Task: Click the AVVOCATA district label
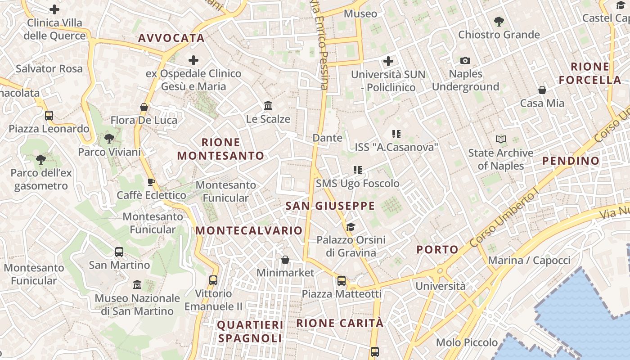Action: pyautogui.click(x=171, y=38)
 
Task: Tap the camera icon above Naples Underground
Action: pyautogui.click(x=465, y=60)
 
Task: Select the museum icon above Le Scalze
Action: pyautogui.click(x=269, y=106)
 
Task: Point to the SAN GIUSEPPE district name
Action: pyautogui.click(x=330, y=206)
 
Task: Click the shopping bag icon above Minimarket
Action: pyautogui.click(x=285, y=260)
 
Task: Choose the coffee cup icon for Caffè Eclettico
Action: pyautogui.click(x=151, y=182)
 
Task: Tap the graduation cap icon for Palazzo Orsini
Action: pyautogui.click(x=351, y=227)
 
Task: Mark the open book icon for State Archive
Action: pyautogui.click(x=501, y=139)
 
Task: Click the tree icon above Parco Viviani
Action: pyautogui.click(x=109, y=138)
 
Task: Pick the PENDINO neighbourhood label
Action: pyautogui.click(x=571, y=161)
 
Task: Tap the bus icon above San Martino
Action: pyautogui.click(x=119, y=252)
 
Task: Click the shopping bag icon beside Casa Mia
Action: pyautogui.click(x=542, y=90)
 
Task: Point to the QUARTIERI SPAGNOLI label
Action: pyautogui.click(x=250, y=331)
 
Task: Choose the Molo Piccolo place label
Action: pyautogui.click(x=467, y=342)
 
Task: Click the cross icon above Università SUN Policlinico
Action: pyautogui.click(x=388, y=61)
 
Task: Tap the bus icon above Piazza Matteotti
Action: pyautogui.click(x=342, y=281)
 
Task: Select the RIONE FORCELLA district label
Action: pyautogui.click(x=590, y=73)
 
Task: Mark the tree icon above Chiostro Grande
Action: pyautogui.click(x=499, y=21)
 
